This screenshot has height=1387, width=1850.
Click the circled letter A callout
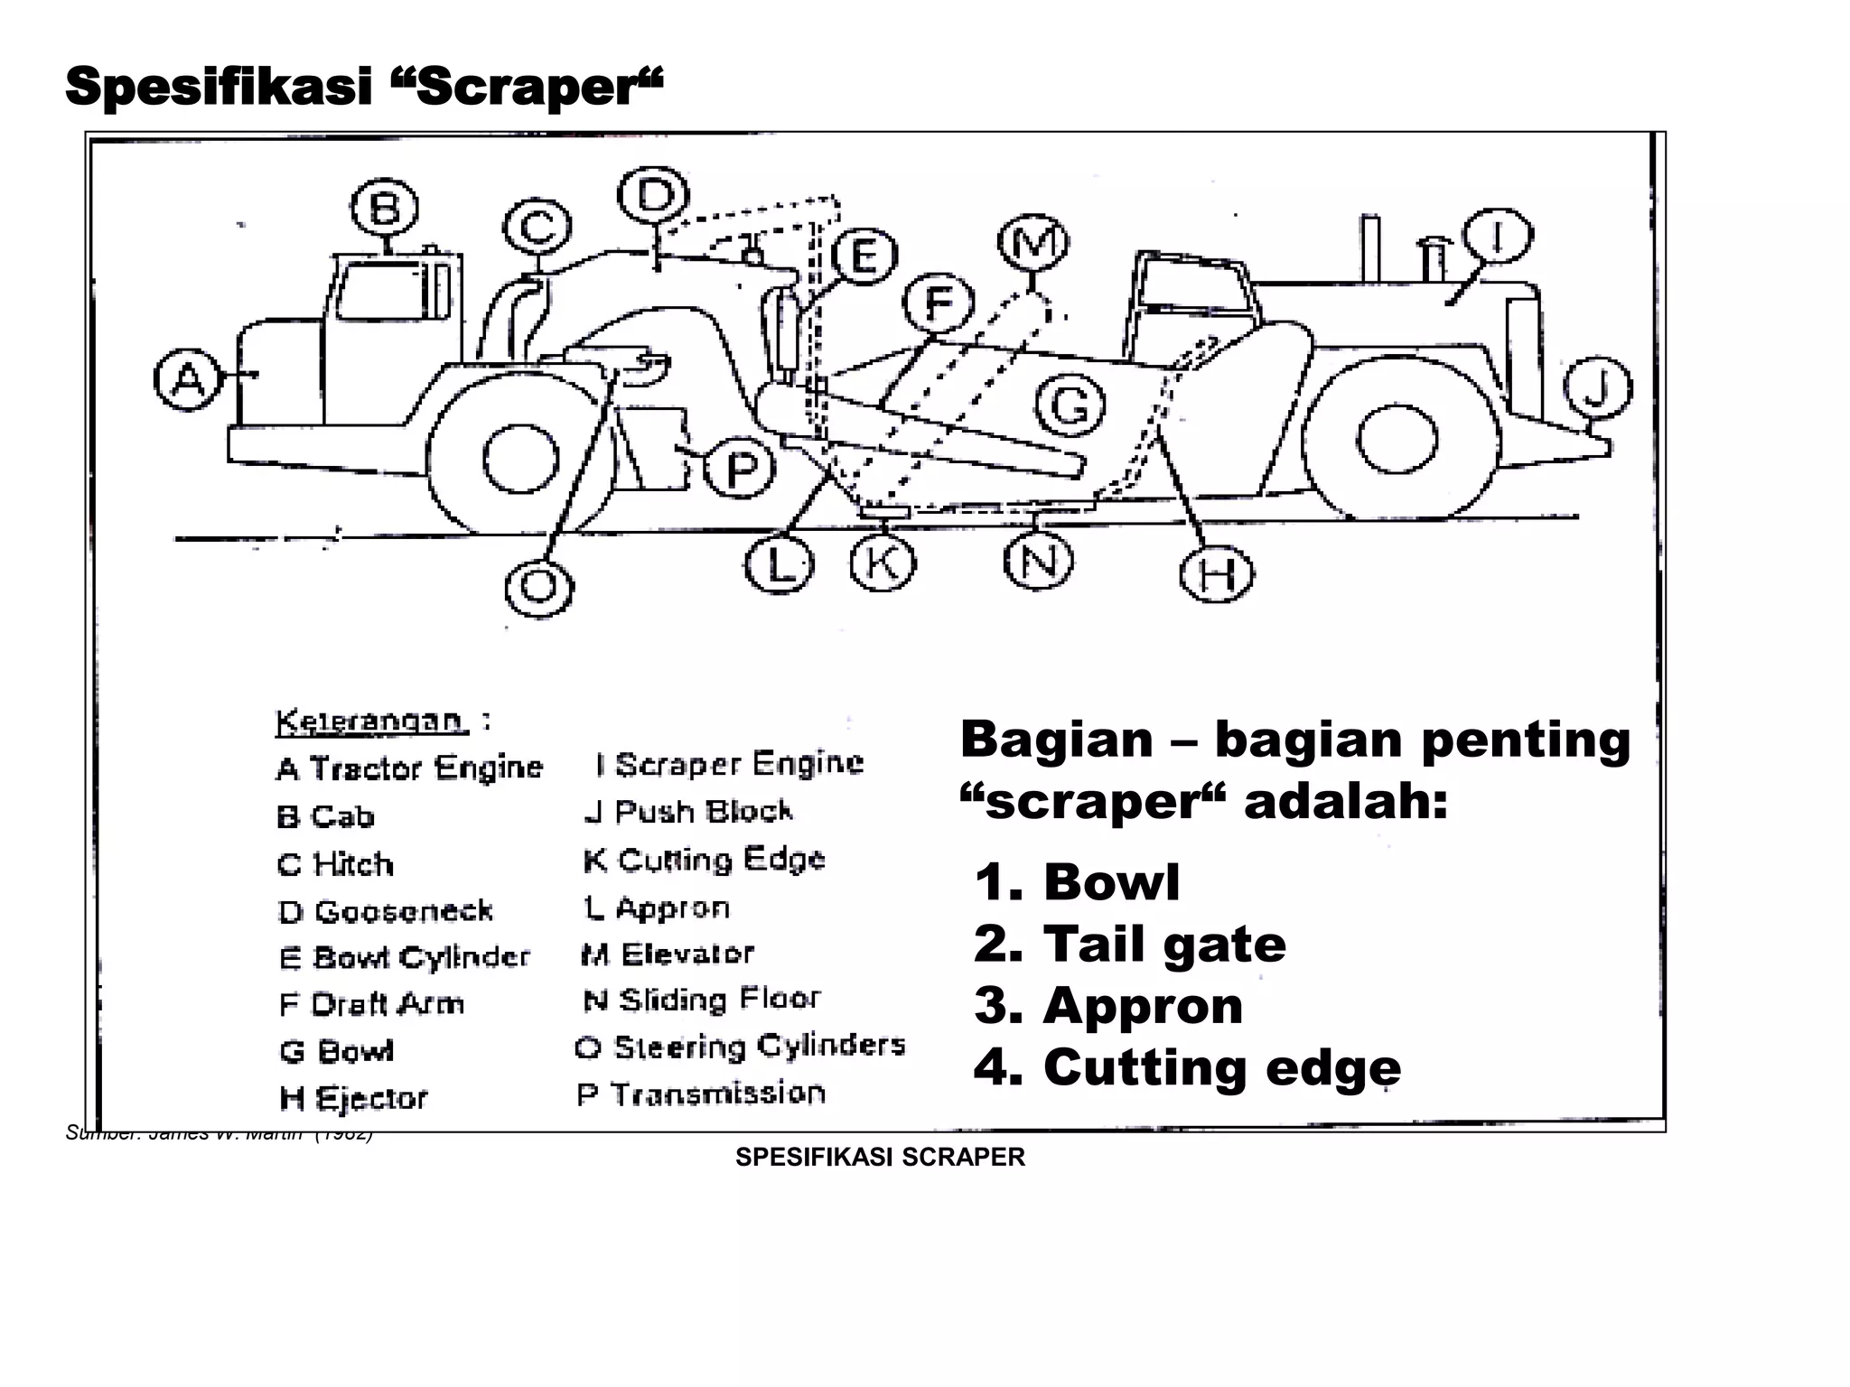point(188,380)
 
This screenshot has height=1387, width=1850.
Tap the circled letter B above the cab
point(385,209)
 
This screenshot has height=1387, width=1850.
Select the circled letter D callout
point(653,195)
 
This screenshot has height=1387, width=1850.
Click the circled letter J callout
point(1597,388)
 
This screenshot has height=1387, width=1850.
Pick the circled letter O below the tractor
point(539,586)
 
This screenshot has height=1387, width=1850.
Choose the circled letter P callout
point(739,470)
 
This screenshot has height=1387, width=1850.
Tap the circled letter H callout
point(1216,574)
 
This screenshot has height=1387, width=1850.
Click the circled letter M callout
point(1033,243)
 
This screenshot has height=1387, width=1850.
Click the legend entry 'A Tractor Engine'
point(409,768)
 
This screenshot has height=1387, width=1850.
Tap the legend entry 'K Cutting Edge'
point(704,860)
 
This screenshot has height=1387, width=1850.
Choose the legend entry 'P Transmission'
point(701,1094)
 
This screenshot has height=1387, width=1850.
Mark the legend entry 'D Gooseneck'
point(386,911)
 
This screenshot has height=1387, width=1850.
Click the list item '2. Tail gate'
point(1129,945)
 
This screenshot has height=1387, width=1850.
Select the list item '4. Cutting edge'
point(1187,1068)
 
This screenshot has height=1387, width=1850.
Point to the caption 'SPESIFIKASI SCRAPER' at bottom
point(880,1158)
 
